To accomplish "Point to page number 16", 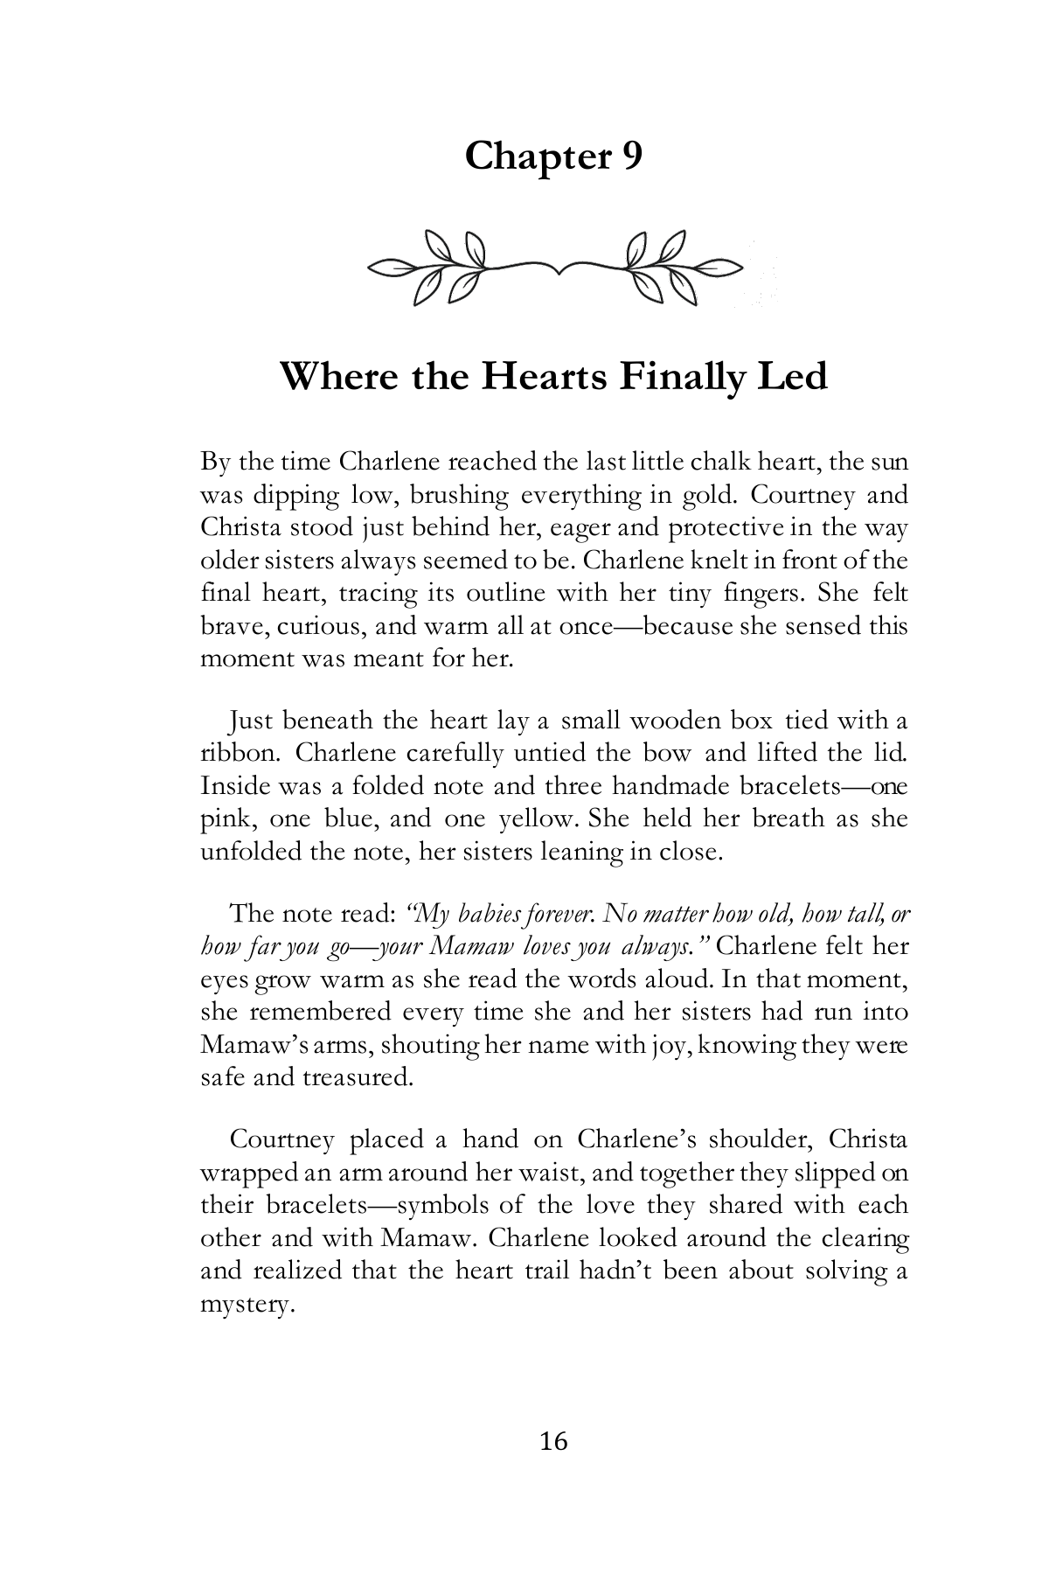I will coord(553,1441).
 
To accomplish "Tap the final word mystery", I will coord(244,1306).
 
